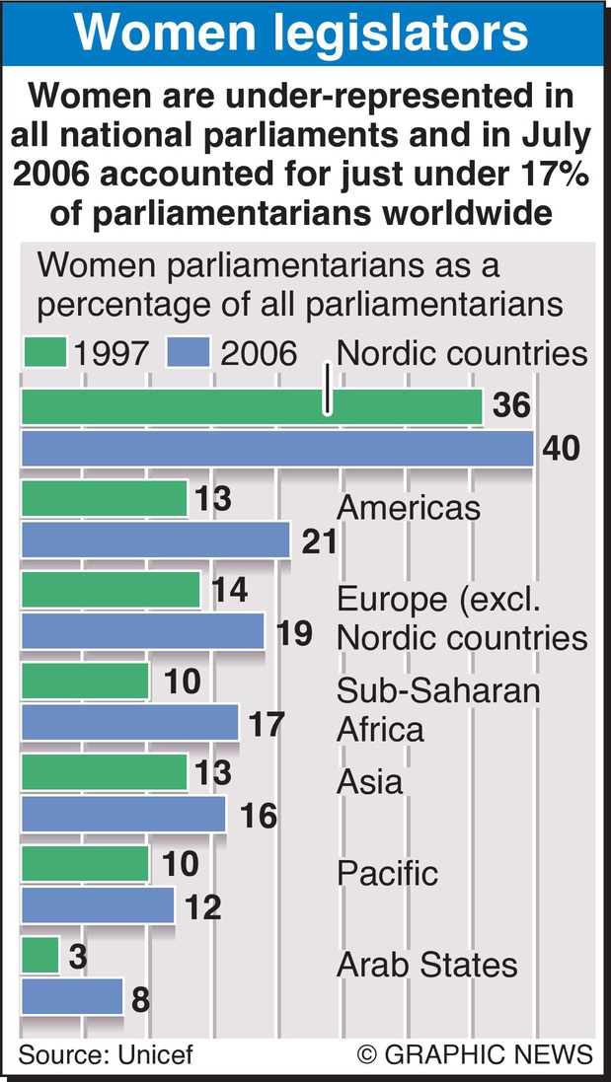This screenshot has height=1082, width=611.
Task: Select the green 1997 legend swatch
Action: tap(43, 353)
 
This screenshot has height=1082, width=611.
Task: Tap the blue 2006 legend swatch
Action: tap(190, 353)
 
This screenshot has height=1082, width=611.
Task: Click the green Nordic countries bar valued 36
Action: tap(251, 407)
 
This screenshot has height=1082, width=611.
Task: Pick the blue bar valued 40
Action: tap(276, 450)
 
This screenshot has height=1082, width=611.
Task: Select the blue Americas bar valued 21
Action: tap(155, 541)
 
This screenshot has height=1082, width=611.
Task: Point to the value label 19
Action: tap(295, 632)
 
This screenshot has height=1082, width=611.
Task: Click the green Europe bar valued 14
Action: tap(111, 591)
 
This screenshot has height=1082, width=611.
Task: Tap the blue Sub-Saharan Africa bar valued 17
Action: tap(129, 723)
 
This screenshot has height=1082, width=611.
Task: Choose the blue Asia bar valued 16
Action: tap(123, 815)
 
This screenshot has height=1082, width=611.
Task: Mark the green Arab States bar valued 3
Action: tap(39, 955)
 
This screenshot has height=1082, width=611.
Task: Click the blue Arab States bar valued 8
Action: tap(71, 997)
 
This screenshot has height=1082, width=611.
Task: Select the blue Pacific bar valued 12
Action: tap(97, 905)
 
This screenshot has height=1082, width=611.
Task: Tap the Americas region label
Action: tap(409, 507)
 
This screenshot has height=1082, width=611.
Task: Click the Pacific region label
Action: tap(387, 873)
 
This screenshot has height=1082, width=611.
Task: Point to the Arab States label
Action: tap(426, 964)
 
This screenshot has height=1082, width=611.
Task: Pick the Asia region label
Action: tap(369, 781)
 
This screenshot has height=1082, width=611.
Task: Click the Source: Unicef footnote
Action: tap(106, 1053)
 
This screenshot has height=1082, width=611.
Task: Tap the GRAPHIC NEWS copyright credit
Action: tap(476, 1053)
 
